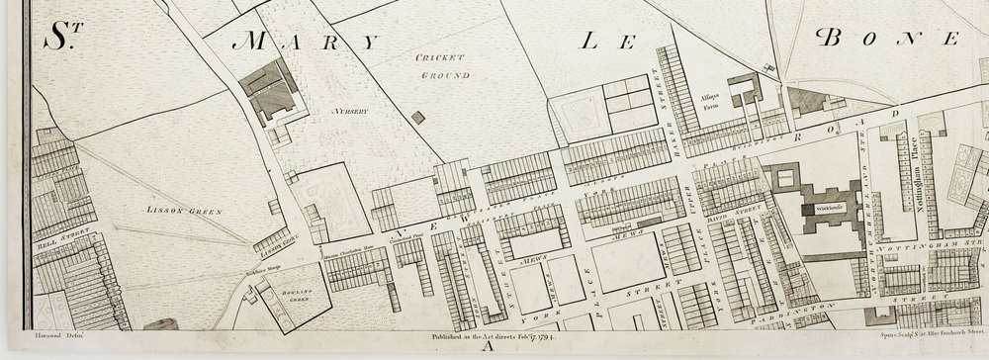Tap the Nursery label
pyautogui.click(x=350, y=112)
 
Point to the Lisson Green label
pyautogui.click(x=174, y=211)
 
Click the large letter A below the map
pyautogui.click(x=485, y=347)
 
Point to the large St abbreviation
pyautogui.click(x=61, y=37)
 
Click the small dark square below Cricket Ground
pyautogui.click(x=418, y=118)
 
